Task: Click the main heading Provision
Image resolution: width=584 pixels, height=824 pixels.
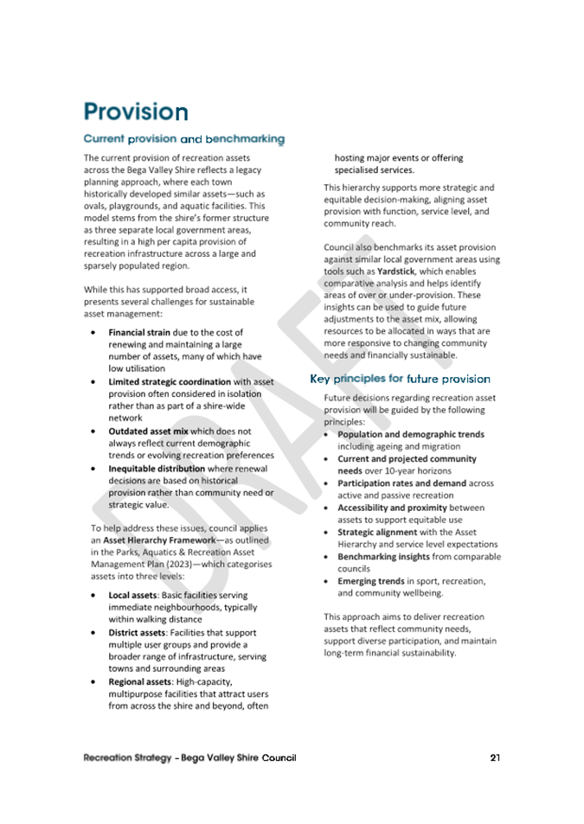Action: point(135,112)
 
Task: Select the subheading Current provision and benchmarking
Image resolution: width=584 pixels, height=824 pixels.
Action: point(183,138)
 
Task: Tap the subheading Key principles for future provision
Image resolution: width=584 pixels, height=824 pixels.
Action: point(400,379)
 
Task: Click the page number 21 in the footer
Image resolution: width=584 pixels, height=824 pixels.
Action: point(495,758)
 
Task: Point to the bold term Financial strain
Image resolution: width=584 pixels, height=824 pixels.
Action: point(138,332)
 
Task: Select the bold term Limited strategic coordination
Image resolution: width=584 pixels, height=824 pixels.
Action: point(170,381)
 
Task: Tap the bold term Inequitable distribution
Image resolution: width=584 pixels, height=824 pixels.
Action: point(161,468)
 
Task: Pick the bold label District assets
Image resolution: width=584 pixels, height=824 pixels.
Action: point(138,633)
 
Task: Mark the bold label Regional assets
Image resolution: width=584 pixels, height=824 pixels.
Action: point(140,681)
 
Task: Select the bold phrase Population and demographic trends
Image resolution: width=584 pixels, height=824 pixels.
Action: point(410,434)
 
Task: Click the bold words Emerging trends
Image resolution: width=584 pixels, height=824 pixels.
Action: point(370,582)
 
